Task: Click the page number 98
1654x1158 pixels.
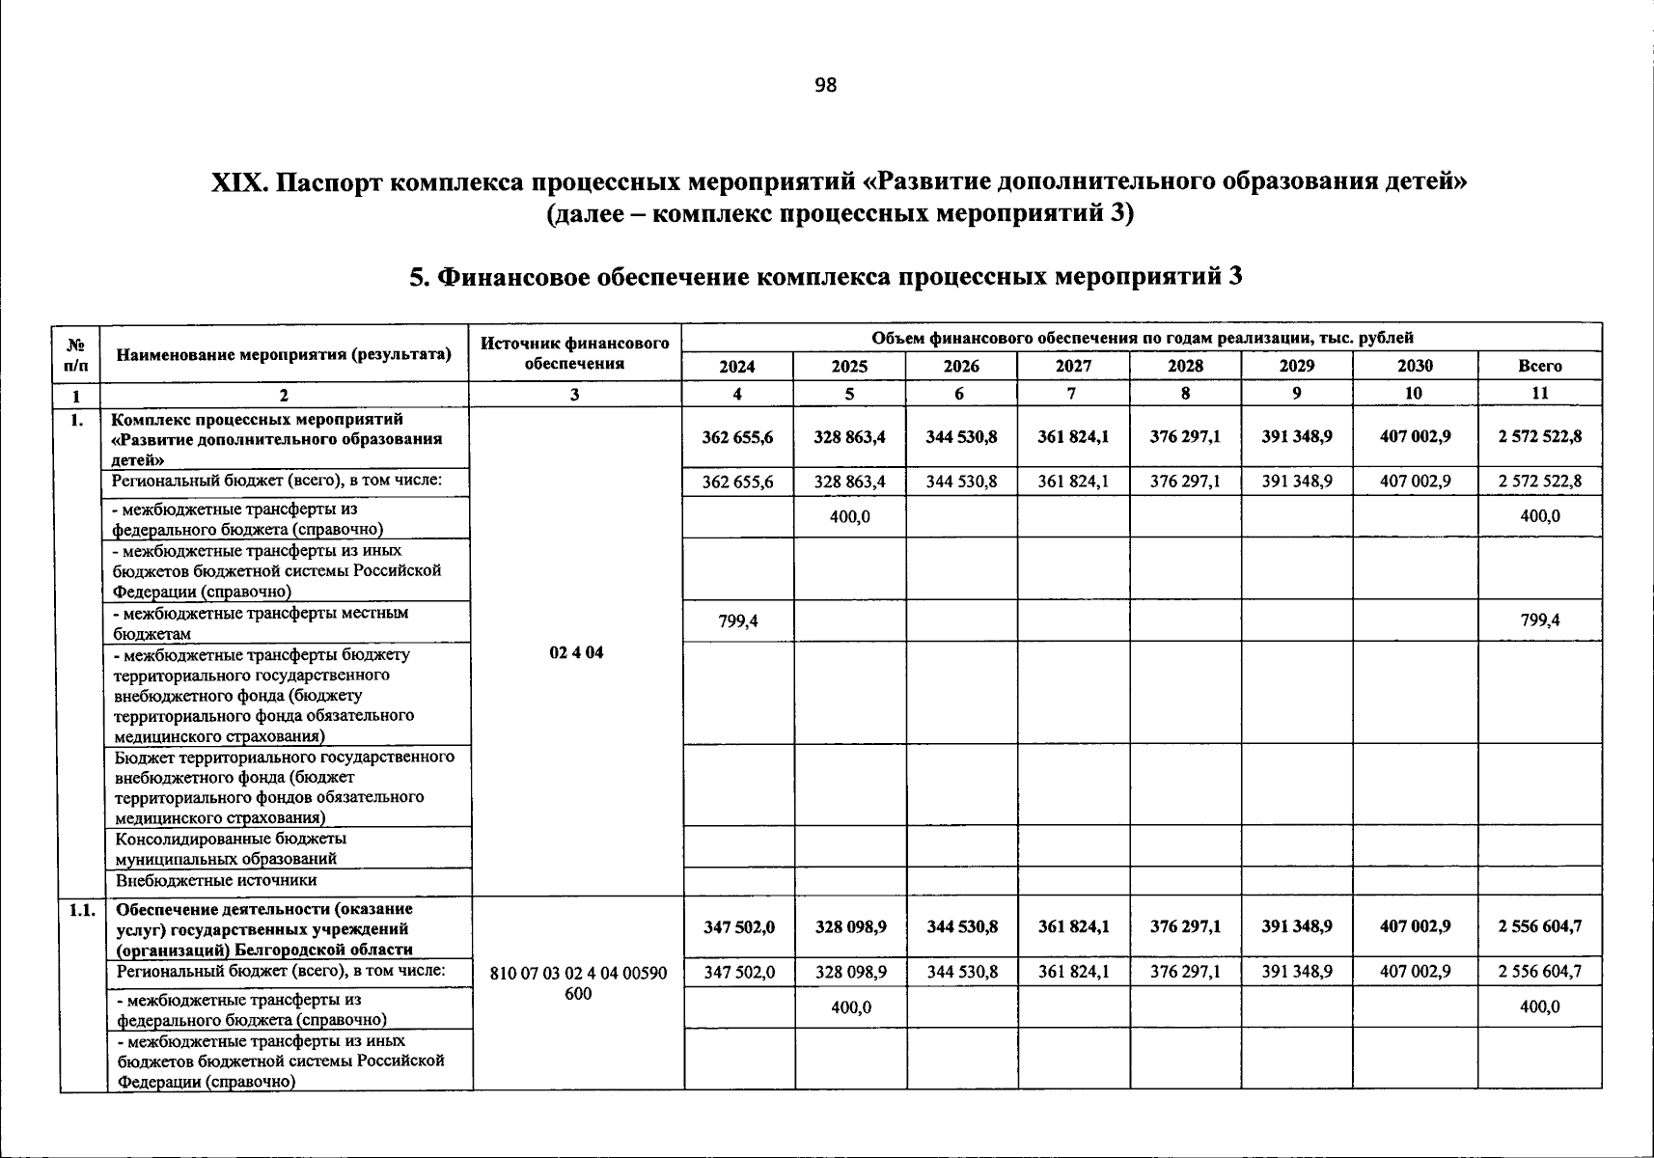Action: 826,85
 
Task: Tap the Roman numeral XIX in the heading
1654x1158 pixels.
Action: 240,182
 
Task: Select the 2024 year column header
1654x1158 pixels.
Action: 737,366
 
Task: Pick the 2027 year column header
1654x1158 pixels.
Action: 1073,366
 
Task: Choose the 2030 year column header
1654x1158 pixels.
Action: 1415,366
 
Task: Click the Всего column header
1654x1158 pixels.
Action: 1539,366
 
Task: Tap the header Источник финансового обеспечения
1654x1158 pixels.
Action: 575,353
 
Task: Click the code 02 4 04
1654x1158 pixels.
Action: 576,652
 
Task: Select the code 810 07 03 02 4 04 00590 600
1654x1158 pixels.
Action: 578,983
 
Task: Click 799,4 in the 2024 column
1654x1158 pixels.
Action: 737,621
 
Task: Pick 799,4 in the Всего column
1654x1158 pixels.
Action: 1539,621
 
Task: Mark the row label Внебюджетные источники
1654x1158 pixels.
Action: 216,880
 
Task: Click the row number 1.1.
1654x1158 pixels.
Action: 82,909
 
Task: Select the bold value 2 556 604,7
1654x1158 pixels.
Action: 1539,926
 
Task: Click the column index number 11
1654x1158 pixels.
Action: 1539,394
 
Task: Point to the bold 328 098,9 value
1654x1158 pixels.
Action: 849,926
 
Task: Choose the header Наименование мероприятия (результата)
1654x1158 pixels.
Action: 284,354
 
